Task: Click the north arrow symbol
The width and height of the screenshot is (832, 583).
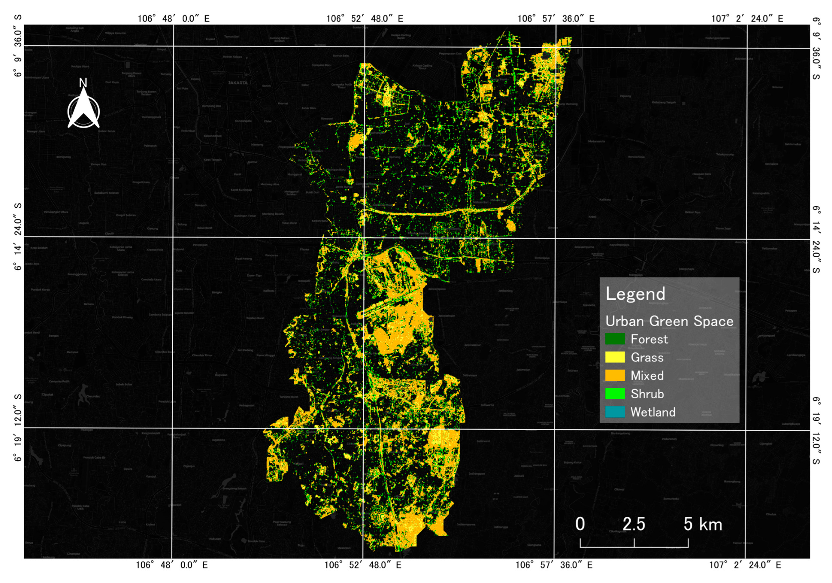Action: point(84,111)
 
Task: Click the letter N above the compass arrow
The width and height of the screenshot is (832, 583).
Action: point(83,83)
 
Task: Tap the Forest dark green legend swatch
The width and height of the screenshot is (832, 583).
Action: point(615,339)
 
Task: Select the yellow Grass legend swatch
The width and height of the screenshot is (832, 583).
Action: point(615,357)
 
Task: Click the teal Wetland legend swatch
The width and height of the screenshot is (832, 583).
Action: point(615,412)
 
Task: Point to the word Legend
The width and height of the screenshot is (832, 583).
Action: point(635,294)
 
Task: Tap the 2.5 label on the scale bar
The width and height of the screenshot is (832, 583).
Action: point(634,524)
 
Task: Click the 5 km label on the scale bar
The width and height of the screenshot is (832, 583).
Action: point(703,524)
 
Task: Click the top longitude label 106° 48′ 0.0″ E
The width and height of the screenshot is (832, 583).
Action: point(173,19)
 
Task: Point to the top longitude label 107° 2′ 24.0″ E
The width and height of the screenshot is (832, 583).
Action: point(747,19)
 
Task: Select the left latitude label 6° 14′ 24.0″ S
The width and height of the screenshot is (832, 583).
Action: point(18,237)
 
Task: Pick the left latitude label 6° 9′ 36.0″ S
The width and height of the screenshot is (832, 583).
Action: point(18,46)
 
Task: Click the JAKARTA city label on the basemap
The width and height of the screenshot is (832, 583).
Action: point(238,83)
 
